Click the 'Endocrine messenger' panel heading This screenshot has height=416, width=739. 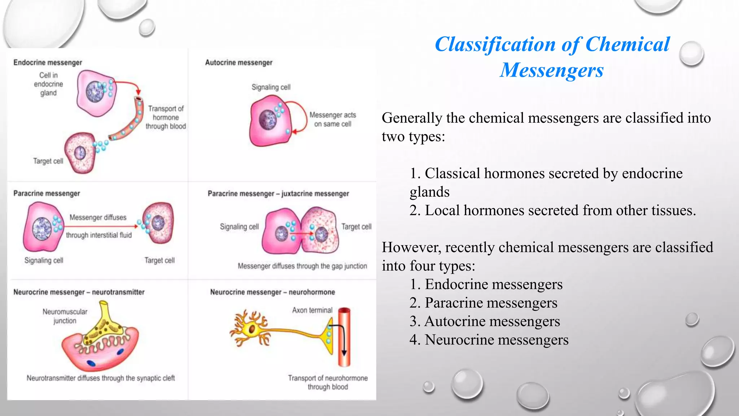coord(48,62)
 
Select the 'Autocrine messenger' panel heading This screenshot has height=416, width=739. coord(239,62)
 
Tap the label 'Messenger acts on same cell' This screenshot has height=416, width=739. coord(333,120)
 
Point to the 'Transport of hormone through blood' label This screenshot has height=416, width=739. coord(166,117)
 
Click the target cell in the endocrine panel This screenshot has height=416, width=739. coord(80,153)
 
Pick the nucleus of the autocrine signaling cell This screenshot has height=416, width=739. coord(268,119)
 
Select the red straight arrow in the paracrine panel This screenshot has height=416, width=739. coord(101,226)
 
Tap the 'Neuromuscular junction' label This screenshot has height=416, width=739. coord(65,316)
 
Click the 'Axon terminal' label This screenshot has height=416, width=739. coord(312,310)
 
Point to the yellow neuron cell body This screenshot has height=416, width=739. coord(251,329)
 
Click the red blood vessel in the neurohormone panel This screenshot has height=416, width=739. coord(344,338)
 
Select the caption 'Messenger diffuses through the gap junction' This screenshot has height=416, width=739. coord(302,266)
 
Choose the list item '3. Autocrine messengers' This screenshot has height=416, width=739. coord(485,321)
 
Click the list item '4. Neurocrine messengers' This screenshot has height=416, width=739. coord(489,340)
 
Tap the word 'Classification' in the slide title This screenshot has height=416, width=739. coord(495,45)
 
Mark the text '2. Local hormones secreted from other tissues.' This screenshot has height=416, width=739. coord(552,211)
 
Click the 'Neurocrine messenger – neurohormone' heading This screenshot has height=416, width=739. coord(272,292)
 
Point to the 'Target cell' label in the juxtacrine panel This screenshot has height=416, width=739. coord(356,227)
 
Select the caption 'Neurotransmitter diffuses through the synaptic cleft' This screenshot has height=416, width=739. coord(101,378)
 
